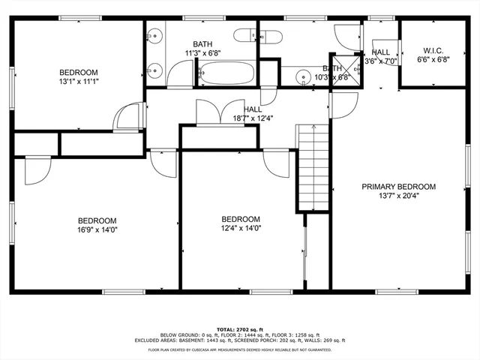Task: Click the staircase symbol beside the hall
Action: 313,169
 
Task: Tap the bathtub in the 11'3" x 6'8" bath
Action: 226,74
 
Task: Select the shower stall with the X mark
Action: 344,65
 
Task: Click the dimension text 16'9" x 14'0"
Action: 97,230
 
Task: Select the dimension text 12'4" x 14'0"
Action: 241,229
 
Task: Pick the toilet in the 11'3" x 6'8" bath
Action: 244,35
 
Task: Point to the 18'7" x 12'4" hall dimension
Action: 242,118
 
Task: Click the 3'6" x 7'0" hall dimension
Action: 380,61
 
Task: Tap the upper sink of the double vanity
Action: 156,35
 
